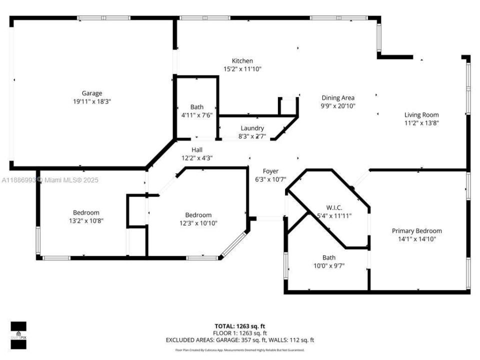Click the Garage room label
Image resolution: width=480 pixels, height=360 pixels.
[92, 93]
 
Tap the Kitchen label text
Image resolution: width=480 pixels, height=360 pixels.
[242, 61]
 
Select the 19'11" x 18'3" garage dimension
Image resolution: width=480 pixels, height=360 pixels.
[92, 101]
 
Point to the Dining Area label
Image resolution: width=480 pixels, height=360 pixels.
[338, 98]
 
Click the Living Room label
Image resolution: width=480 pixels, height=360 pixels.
[421, 115]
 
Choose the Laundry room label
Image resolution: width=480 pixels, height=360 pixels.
[252, 128]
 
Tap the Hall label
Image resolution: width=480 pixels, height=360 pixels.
[197, 150]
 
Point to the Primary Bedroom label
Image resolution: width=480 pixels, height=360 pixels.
[416, 231]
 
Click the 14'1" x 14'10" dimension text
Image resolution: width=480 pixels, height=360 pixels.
[416, 239]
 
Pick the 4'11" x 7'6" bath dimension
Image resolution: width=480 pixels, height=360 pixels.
[197, 115]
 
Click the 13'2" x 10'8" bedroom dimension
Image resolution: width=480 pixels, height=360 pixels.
[86, 220]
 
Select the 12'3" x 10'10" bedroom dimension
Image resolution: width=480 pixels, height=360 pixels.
[198, 223]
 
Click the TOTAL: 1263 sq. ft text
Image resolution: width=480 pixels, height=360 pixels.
[239, 325]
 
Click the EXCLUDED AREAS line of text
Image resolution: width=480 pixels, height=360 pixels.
[239, 340]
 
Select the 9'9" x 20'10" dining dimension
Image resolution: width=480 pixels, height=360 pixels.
[338, 106]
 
